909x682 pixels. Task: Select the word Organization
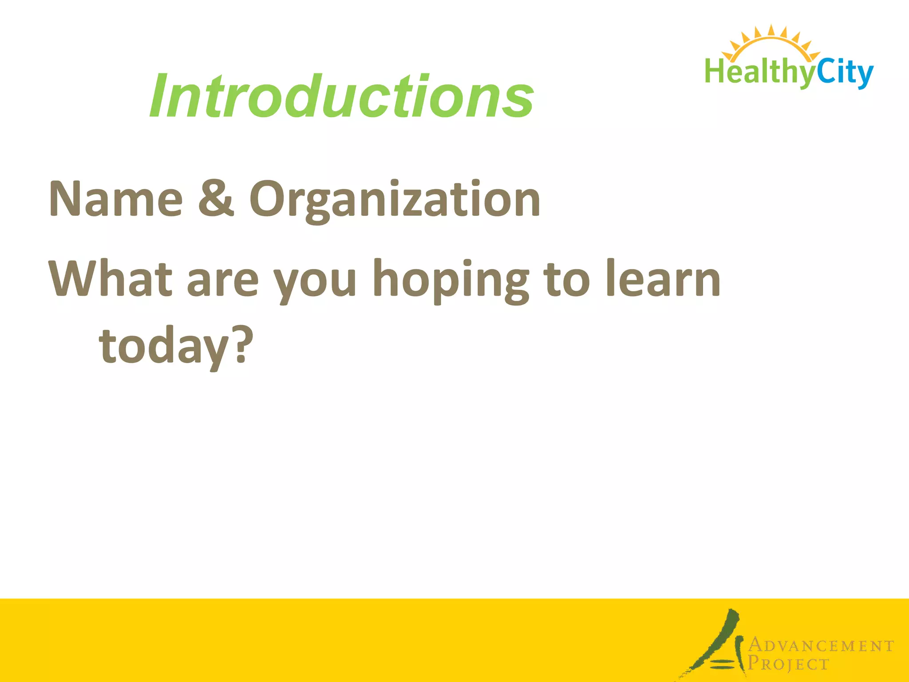point(395,200)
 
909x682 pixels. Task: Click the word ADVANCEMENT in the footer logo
point(821,646)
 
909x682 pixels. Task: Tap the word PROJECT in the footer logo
point(788,664)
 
